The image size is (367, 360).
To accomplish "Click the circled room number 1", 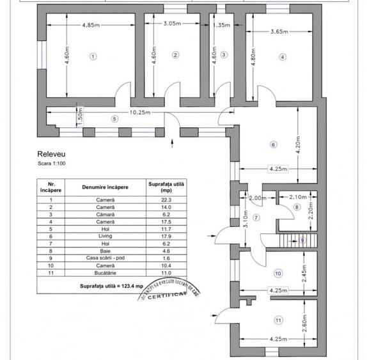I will click(93, 56).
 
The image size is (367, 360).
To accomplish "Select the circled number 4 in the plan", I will click(282, 56).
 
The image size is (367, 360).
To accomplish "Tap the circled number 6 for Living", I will click(273, 145).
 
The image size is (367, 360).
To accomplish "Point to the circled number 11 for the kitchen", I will click(277, 320).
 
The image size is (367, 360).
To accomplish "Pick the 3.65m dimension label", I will click(282, 31).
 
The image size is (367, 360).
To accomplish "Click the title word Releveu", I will click(52, 154).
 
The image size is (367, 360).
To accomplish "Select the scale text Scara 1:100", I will click(52, 164).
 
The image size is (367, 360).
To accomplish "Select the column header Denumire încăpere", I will click(105, 187).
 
